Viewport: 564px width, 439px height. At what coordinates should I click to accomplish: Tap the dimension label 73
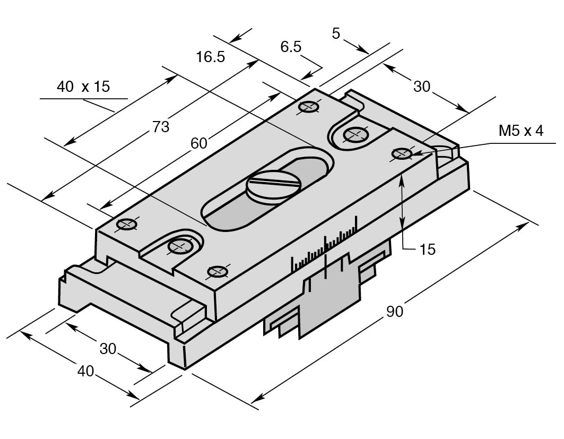coord(161,127)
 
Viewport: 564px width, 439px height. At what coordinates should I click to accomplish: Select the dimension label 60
coord(199,143)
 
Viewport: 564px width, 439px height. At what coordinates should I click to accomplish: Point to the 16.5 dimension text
coord(210,57)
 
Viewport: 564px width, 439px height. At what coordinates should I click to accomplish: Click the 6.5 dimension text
coord(291,47)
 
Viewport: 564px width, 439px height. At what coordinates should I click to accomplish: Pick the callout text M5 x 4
coord(521,131)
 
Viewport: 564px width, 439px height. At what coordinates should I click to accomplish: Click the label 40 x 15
coord(83,87)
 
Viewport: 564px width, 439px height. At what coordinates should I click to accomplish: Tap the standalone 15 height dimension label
coord(427,249)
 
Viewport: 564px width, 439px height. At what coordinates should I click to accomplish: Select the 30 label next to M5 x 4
coord(422,87)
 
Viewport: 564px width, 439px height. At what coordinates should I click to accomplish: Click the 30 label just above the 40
coord(108,349)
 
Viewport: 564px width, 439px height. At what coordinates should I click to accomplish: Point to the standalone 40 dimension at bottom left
coord(85,372)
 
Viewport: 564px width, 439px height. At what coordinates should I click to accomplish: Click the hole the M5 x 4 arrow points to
coord(402,154)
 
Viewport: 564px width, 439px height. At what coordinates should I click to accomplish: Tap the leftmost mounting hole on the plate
coord(127,224)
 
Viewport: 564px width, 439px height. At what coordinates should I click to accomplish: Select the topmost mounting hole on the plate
coord(308,107)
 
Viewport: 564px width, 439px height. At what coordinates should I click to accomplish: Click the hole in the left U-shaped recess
coord(179,246)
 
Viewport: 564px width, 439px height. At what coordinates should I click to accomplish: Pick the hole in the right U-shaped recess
coord(354,135)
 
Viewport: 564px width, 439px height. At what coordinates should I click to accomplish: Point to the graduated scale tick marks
coord(324,246)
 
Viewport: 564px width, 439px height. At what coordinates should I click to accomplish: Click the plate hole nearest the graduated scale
coord(217,271)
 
